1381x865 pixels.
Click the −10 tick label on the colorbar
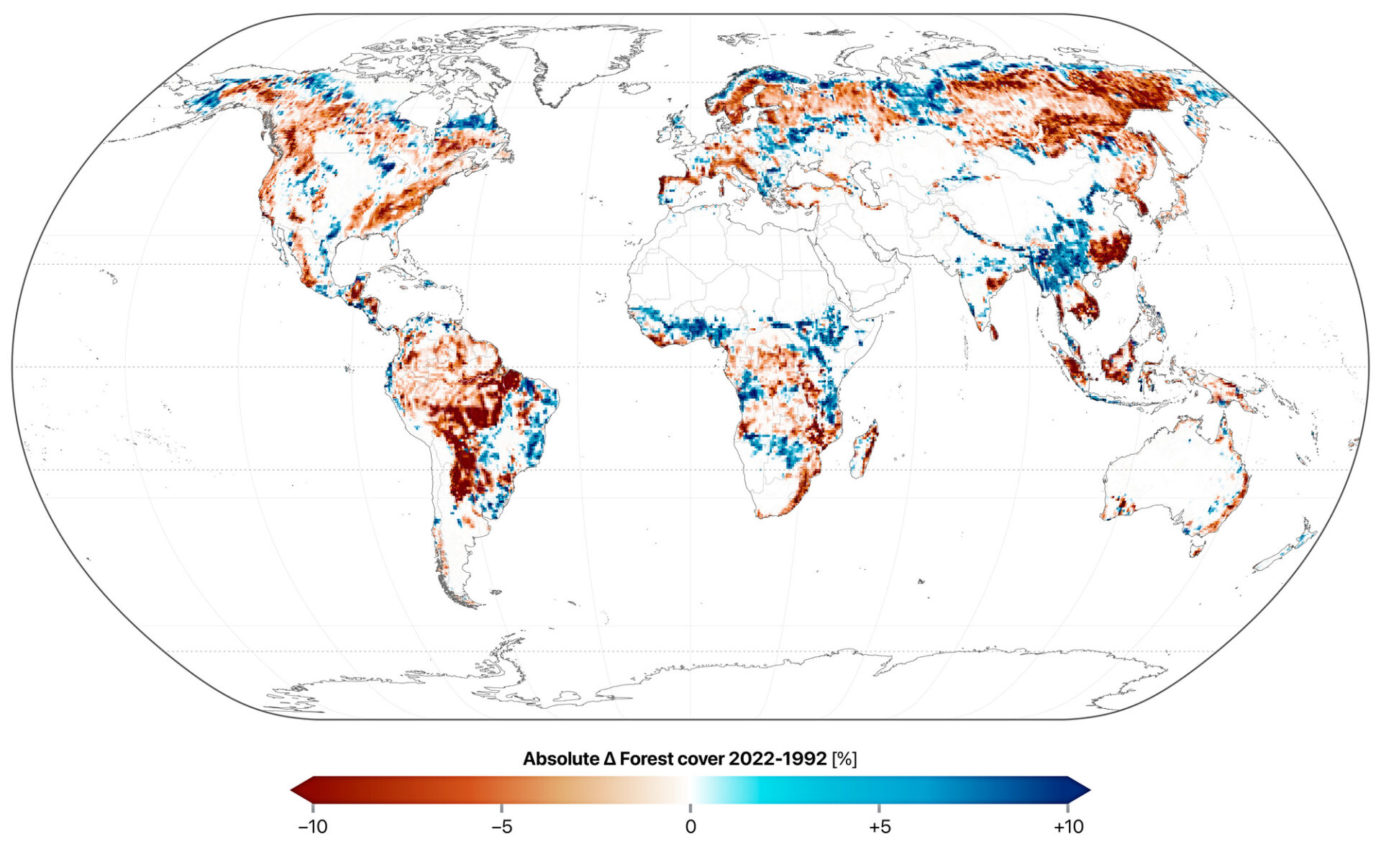pyautogui.click(x=313, y=827)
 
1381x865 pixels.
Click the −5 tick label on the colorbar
pyautogui.click(x=501, y=827)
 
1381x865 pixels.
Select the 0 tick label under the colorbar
pyautogui.click(x=690, y=827)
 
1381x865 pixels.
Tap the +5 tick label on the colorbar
pyautogui.click(x=879, y=827)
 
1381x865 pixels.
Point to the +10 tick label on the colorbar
pyautogui.click(x=1068, y=827)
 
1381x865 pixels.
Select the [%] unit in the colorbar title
pyautogui.click(x=844, y=758)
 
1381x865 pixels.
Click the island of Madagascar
pyautogui.click(x=865, y=450)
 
